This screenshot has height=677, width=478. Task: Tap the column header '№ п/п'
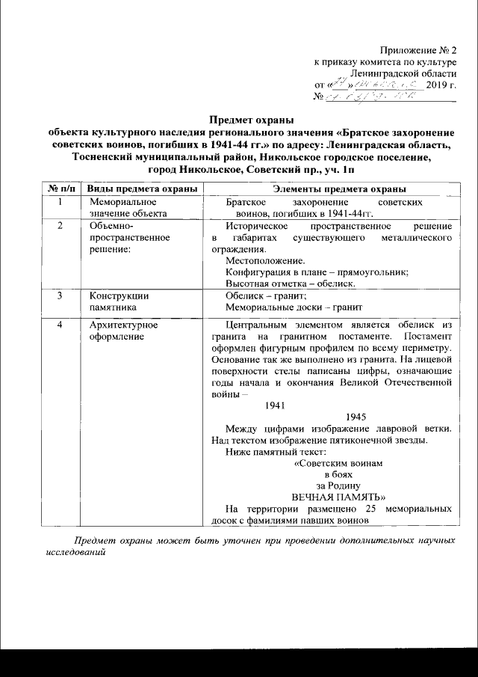[x=60, y=188]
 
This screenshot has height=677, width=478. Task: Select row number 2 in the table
[x=60, y=226]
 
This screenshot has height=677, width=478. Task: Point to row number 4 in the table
[x=60, y=325]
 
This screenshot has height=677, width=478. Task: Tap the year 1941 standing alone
[x=276, y=405]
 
